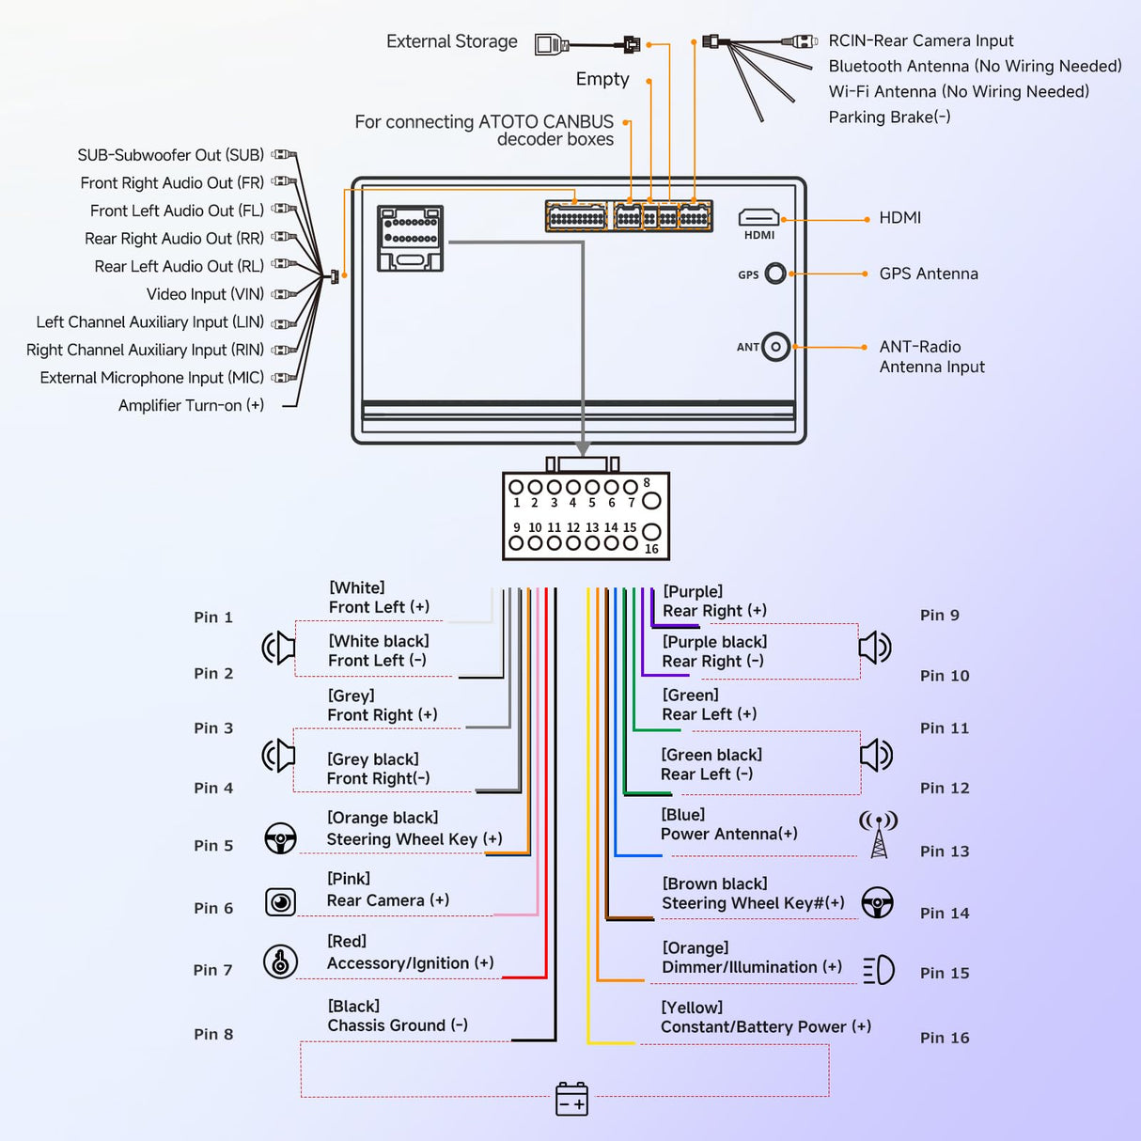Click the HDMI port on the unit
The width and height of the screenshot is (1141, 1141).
point(758,218)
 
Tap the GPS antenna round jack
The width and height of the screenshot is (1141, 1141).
point(775,274)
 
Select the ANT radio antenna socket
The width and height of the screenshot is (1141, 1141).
point(775,347)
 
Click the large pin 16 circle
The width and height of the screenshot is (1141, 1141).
point(650,533)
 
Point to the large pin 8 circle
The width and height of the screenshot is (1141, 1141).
point(651,501)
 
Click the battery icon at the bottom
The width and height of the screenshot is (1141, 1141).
point(571,1099)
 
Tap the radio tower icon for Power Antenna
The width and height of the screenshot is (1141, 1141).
point(879,835)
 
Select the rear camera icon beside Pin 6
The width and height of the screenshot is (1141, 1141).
point(280,902)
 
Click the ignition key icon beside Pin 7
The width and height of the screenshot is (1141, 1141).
point(280,961)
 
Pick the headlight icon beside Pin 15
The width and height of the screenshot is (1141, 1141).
point(879,970)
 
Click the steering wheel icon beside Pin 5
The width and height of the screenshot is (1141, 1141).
point(280,838)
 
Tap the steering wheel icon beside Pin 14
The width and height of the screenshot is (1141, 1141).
point(878,902)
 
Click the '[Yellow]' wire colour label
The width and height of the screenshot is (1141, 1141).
point(692,1008)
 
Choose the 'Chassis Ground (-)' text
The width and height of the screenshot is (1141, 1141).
point(398,1025)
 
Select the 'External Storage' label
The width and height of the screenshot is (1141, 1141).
point(452,41)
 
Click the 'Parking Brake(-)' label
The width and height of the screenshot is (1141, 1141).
point(889,117)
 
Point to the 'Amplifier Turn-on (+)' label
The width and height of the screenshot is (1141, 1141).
point(191,405)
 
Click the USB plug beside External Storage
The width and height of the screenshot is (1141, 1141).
point(552,44)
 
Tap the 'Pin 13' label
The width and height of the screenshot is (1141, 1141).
point(945,852)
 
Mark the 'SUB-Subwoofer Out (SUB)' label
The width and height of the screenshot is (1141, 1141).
point(170,155)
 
